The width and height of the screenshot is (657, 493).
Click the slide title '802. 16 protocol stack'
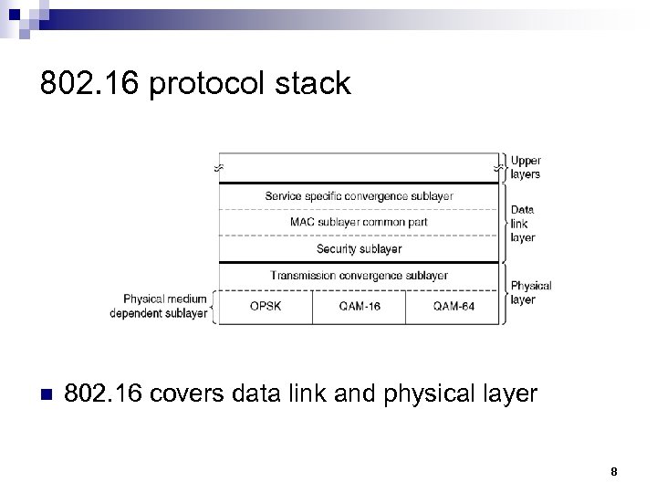pos(195,84)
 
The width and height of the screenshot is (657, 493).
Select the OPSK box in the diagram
pos(265,306)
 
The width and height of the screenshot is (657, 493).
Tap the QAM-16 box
pos(359,306)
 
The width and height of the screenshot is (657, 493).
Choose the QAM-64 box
pos(454,306)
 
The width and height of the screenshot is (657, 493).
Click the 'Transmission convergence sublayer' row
pos(359,276)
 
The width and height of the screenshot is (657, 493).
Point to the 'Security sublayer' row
pos(359,248)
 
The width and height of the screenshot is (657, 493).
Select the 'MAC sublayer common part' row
pos(359,222)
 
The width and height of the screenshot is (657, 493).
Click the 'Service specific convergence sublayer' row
pos(359,195)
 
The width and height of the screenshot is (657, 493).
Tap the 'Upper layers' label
pos(526,167)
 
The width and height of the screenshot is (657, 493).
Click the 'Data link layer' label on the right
pos(523,223)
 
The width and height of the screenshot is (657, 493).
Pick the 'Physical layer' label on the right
pos(530,292)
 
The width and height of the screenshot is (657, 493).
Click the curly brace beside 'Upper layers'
pos(505,167)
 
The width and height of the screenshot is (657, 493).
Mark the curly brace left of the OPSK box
pos(214,307)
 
